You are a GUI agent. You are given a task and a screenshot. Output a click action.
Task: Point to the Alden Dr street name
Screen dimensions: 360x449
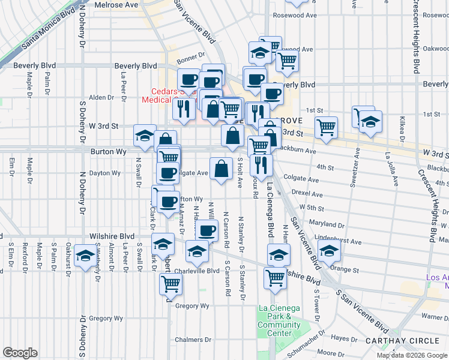click(x=97, y=97)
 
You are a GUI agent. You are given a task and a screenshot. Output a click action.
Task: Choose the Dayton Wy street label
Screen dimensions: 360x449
click(x=104, y=173)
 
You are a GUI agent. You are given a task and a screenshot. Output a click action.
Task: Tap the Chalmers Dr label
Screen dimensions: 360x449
click(x=198, y=340)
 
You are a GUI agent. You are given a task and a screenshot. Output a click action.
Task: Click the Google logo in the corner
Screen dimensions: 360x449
click(x=20, y=353)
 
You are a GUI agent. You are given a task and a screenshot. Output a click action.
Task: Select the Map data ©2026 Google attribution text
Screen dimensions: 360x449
click(x=412, y=355)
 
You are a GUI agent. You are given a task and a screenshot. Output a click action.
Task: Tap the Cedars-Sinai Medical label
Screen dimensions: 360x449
click(x=162, y=97)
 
